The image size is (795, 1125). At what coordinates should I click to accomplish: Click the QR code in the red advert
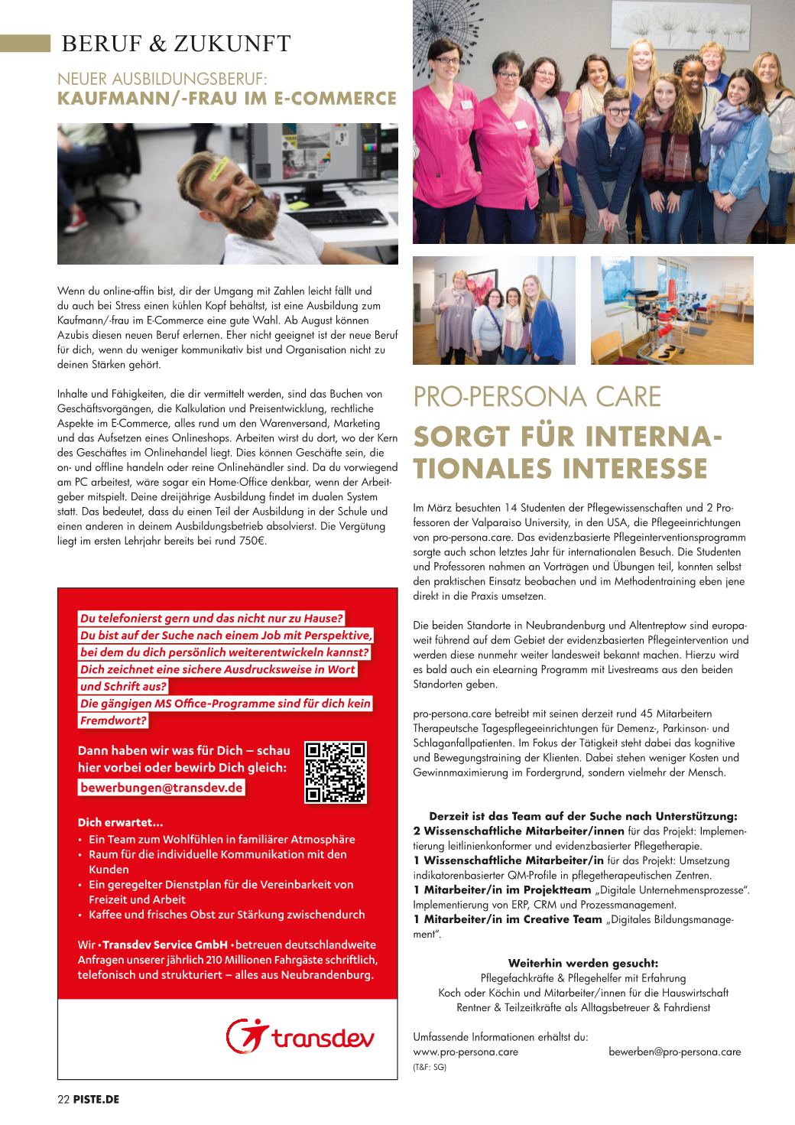coord(336,772)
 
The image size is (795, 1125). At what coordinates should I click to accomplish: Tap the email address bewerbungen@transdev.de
coord(161,788)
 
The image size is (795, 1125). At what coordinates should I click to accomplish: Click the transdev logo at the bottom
coord(300,1036)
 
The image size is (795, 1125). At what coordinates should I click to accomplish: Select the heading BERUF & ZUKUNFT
coord(176,44)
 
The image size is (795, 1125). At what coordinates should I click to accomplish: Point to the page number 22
coord(63,1100)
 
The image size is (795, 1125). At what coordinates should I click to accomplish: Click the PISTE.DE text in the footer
coord(97,1100)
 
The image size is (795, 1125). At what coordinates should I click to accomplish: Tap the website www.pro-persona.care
coord(466,1052)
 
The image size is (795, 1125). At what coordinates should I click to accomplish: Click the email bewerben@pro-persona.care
coord(674,1052)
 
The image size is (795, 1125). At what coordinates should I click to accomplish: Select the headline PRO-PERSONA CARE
coord(537,397)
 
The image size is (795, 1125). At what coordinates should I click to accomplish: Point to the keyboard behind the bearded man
coord(340,216)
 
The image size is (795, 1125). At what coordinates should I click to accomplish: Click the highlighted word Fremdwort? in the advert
coord(113,720)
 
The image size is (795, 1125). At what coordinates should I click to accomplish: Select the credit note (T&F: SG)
coord(430,1066)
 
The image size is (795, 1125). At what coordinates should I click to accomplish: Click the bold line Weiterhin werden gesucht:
coord(582,963)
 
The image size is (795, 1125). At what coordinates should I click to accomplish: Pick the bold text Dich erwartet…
coord(120,823)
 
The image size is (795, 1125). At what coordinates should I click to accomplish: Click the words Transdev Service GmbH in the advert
coord(165,945)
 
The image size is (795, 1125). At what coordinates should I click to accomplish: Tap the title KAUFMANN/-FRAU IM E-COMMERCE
coord(227,98)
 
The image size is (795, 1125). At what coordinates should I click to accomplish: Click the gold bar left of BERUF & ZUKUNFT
coord(24,44)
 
